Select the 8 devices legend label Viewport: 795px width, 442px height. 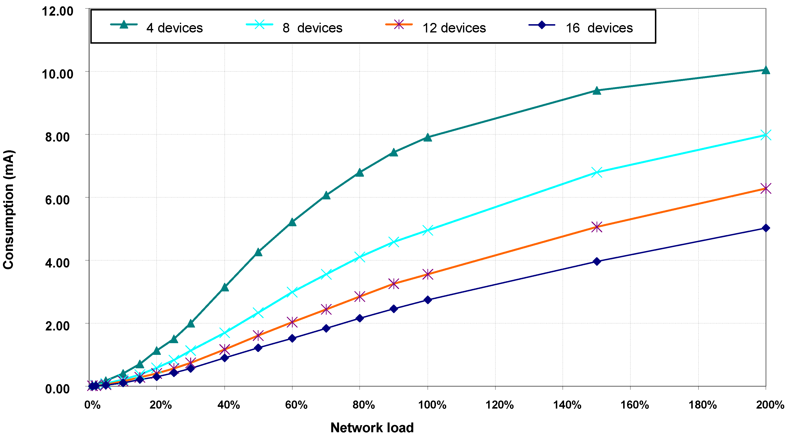(312, 28)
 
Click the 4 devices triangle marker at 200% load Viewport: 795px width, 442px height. (766, 70)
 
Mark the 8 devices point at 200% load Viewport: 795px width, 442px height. (766, 135)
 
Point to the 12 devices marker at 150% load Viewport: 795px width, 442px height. (597, 227)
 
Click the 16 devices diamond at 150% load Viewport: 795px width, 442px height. (597, 261)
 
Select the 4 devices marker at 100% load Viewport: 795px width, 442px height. (427, 137)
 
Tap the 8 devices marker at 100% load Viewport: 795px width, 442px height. (427, 230)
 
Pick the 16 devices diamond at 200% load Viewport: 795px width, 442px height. (766, 228)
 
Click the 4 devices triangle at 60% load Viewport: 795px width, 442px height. (292, 222)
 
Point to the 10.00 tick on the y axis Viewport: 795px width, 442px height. (57, 74)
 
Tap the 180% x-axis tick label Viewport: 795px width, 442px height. (702, 405)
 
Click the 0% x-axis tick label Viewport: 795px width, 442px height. (93, 405)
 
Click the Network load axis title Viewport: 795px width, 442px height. (372, 428)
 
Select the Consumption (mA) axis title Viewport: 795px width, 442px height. (9, 210)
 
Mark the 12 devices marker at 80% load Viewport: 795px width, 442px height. (360, 297)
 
